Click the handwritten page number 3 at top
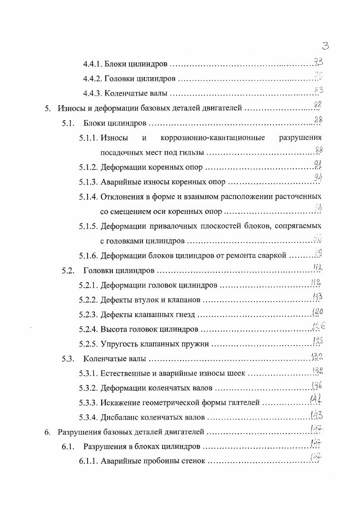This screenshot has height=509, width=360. pyautogui.click(x=325, y=45)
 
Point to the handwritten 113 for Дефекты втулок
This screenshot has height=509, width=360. pyautogui.click(x=317, y=297)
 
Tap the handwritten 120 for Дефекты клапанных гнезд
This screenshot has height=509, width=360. pyautogui.click(x=317, y=312)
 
